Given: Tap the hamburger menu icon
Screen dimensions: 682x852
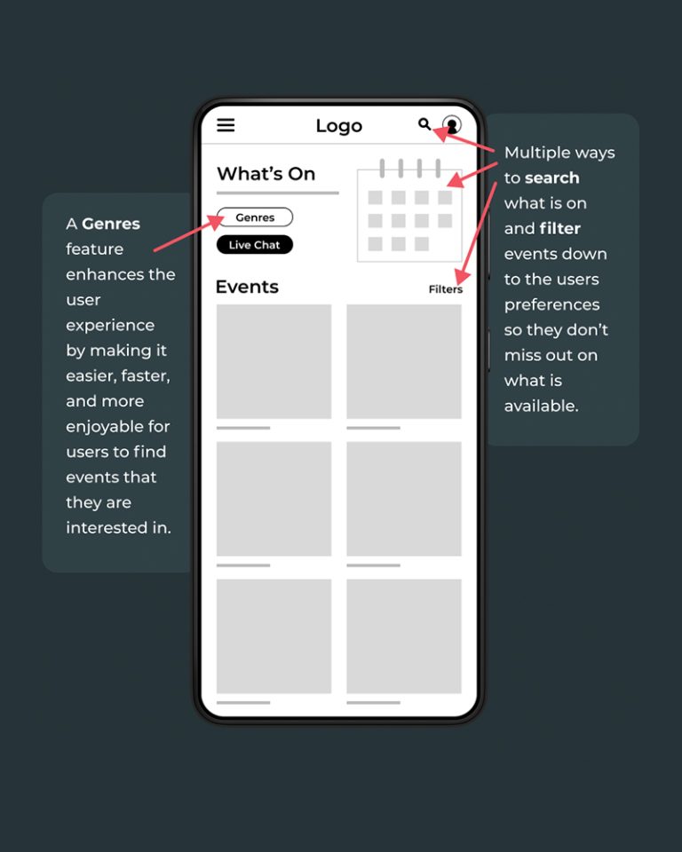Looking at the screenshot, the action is (x=226, y=125).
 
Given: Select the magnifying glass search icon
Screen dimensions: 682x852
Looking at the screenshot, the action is (x=424, y=124).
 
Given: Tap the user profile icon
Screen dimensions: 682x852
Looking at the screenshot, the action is (x=452, y=124).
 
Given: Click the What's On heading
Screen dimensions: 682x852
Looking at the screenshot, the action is (x=266, y=174).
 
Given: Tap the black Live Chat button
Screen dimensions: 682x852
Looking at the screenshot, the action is (x=255, y=245).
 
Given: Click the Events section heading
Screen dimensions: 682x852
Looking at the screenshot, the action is (x=247, y=287).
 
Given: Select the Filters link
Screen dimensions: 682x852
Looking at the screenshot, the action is (x=446, y=289).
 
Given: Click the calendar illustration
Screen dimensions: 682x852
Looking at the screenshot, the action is (x=409, y=210).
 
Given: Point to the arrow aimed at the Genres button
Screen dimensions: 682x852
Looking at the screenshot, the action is (x=189, y=233).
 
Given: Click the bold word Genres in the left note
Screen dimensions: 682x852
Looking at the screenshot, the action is (x=111, y=224).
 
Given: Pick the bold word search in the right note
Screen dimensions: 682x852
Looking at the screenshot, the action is (x=552, y=178).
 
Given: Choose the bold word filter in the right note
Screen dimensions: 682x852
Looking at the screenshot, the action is (x=560, y=229).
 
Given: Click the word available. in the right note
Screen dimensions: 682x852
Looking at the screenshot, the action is (x=541, y=406).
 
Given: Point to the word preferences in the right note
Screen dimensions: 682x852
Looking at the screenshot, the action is (x=552, y=305).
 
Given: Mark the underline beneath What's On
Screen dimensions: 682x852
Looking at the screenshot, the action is (x=278, y=193).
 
